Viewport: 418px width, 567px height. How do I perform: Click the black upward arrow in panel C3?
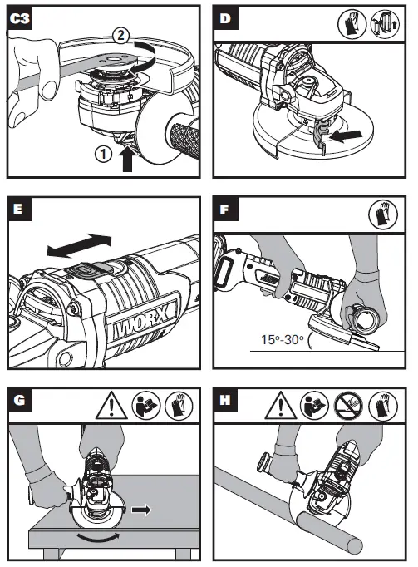click(126, 155)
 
